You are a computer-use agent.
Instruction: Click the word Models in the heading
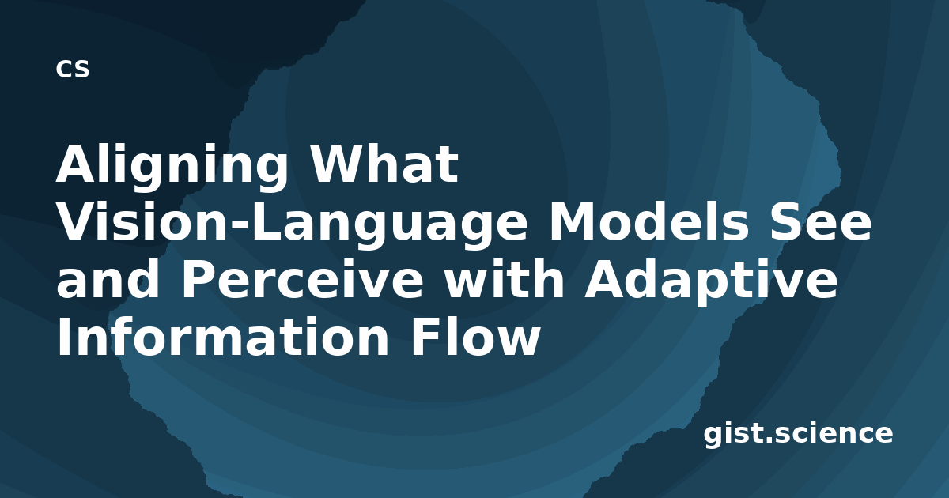[649, 221]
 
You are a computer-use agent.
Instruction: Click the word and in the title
[108, 280]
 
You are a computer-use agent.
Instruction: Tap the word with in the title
[505, 280]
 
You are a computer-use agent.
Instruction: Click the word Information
[223, 338]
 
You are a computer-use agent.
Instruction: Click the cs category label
[73, 70]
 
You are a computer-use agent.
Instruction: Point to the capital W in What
[340, 164]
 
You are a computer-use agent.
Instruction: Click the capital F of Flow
[424, 338]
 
